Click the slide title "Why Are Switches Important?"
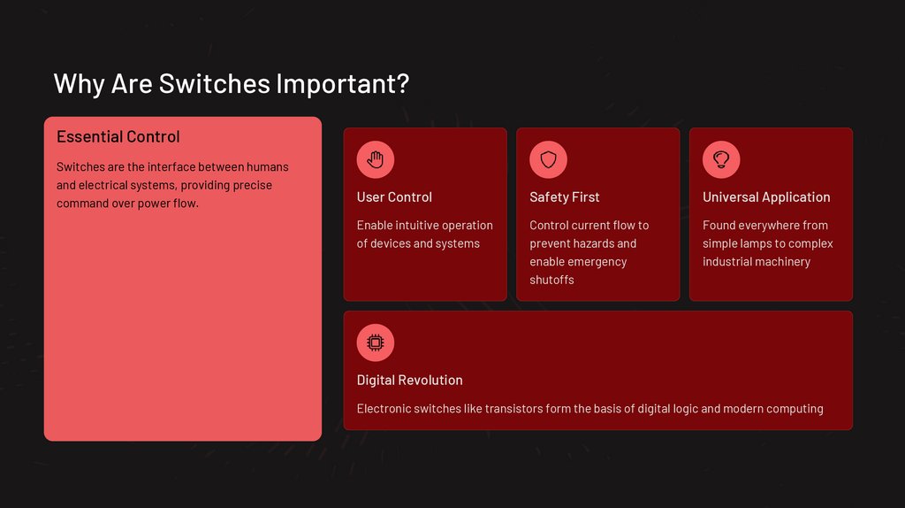coord(232,83)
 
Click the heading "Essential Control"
coord(118,136)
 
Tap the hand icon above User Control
coord(376,159)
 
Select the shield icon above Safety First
coord(548,159)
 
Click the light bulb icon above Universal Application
coord(721,159)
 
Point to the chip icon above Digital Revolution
coord(376,343)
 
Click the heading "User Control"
coord(394,196)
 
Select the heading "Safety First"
coord(564,196)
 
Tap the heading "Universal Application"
coord(766,196)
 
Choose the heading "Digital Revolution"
coord(409,380)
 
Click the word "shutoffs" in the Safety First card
coord(551,280)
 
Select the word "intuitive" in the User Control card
coord(416,226)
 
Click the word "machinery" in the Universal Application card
coord(783,262)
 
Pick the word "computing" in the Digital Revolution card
coord(795,409)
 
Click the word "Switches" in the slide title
coord(215,83)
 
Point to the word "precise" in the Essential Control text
coord(252,185)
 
